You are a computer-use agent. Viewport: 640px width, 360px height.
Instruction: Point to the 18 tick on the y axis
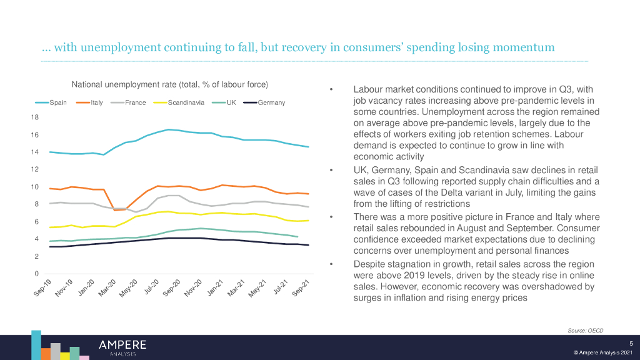35,117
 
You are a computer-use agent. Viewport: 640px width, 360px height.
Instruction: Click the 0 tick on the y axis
37,274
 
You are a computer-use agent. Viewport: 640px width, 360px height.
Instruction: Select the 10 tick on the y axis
35,187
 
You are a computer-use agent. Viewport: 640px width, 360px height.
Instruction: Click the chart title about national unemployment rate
169,84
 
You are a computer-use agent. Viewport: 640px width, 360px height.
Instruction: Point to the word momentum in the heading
525,48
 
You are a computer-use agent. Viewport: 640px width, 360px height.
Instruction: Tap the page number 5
631,342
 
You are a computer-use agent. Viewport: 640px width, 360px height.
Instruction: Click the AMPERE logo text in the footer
122,344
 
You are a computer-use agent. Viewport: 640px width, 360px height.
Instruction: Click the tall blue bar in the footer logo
36,344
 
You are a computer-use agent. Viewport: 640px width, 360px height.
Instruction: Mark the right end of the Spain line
308,147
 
